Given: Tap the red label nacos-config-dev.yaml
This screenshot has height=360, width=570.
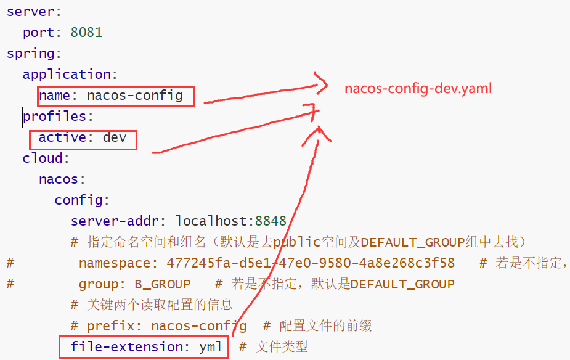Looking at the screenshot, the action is (418, 88).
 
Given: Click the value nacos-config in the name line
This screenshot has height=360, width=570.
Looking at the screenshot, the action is (134, 96).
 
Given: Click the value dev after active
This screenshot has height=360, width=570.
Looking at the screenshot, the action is (115, 137).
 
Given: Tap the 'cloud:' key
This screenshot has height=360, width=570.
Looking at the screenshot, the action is (43, 158).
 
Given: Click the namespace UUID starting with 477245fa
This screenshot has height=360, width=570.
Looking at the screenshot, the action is (311, 263).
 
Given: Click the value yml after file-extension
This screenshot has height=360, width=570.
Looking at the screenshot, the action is (210, 346).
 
